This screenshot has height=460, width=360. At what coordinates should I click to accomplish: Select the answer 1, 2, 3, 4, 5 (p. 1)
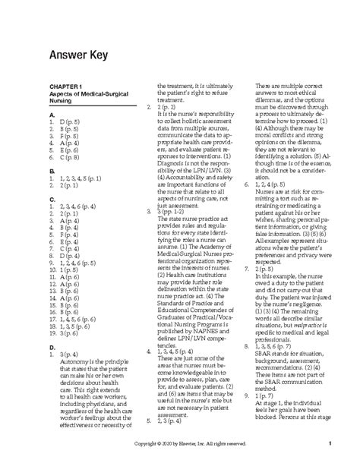pos(81,179)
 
